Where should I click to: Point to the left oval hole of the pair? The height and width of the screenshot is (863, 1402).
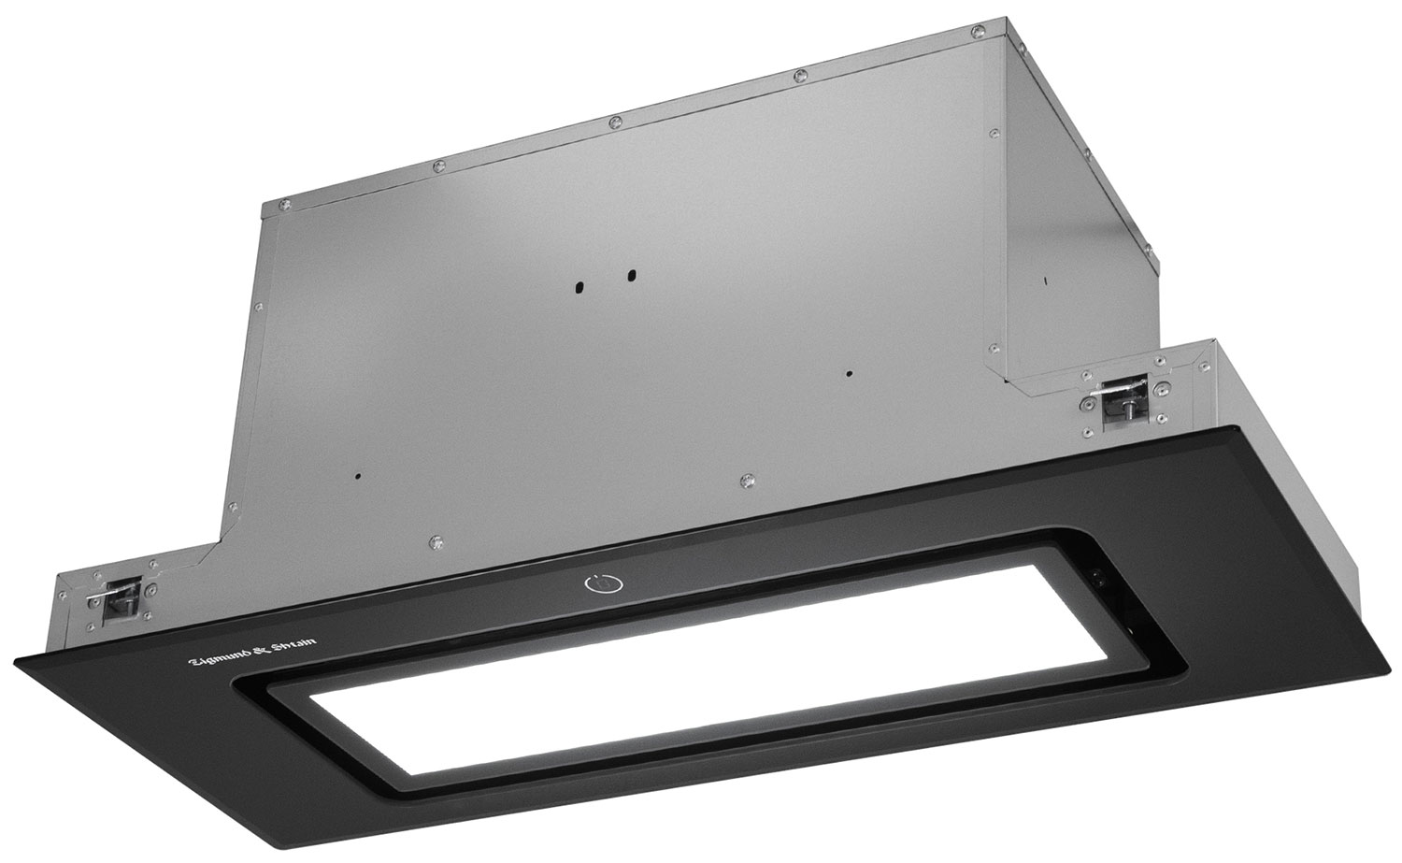(579, 283)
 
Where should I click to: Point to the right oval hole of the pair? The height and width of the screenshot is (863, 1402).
(631, 276)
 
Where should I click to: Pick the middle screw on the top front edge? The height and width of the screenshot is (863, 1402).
(612, 122)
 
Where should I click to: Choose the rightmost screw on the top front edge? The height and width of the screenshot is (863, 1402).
(975, 33)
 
